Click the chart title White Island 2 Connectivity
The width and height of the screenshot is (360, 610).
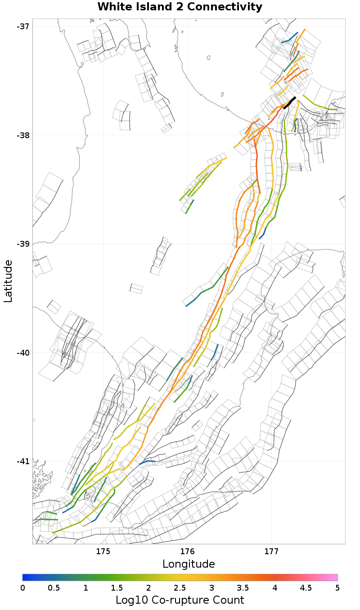tap(180, 7)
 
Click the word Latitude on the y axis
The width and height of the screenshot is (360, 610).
tap(8, 281)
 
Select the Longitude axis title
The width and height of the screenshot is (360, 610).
tap(189, 564)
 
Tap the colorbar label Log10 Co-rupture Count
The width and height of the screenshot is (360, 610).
tap(180, 600)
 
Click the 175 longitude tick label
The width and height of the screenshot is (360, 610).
tap(103, 552)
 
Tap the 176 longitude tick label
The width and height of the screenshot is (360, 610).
tap(187, 552)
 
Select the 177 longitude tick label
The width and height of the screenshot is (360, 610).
tap(271, 552)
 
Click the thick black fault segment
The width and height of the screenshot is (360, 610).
tap(289, 103)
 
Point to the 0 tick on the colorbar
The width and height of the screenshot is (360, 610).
tap(23, 588)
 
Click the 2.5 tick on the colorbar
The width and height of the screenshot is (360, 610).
tap(180, 588)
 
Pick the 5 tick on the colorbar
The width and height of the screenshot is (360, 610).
tap(337, 588)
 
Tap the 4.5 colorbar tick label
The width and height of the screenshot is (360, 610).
tap(306, 588)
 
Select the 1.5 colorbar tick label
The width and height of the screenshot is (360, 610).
tap(117, 588)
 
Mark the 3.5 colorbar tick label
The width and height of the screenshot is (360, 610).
tap(243, 588)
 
